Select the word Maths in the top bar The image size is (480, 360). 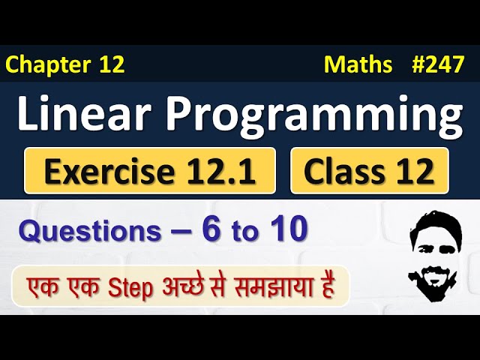358,65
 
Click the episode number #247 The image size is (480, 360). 438,65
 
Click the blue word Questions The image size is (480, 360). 89,232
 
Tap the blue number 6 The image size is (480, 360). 211,230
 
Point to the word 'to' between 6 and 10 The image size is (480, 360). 243,232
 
